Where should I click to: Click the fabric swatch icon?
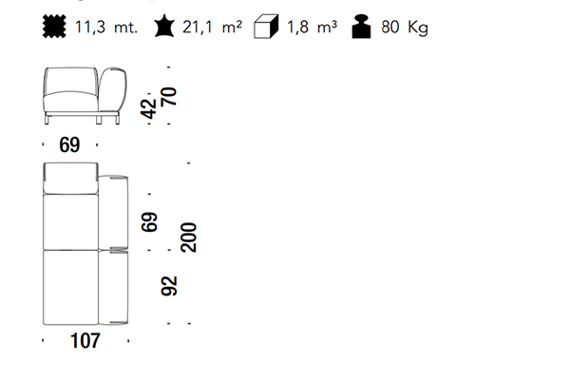54,27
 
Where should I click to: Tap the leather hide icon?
164,27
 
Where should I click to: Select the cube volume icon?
266,27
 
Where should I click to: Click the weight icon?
361,27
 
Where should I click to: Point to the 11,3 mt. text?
106,27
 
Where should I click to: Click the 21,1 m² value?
212,27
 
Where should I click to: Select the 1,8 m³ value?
313,27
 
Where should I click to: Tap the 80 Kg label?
405,28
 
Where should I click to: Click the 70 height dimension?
169,96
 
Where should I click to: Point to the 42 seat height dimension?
149,108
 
